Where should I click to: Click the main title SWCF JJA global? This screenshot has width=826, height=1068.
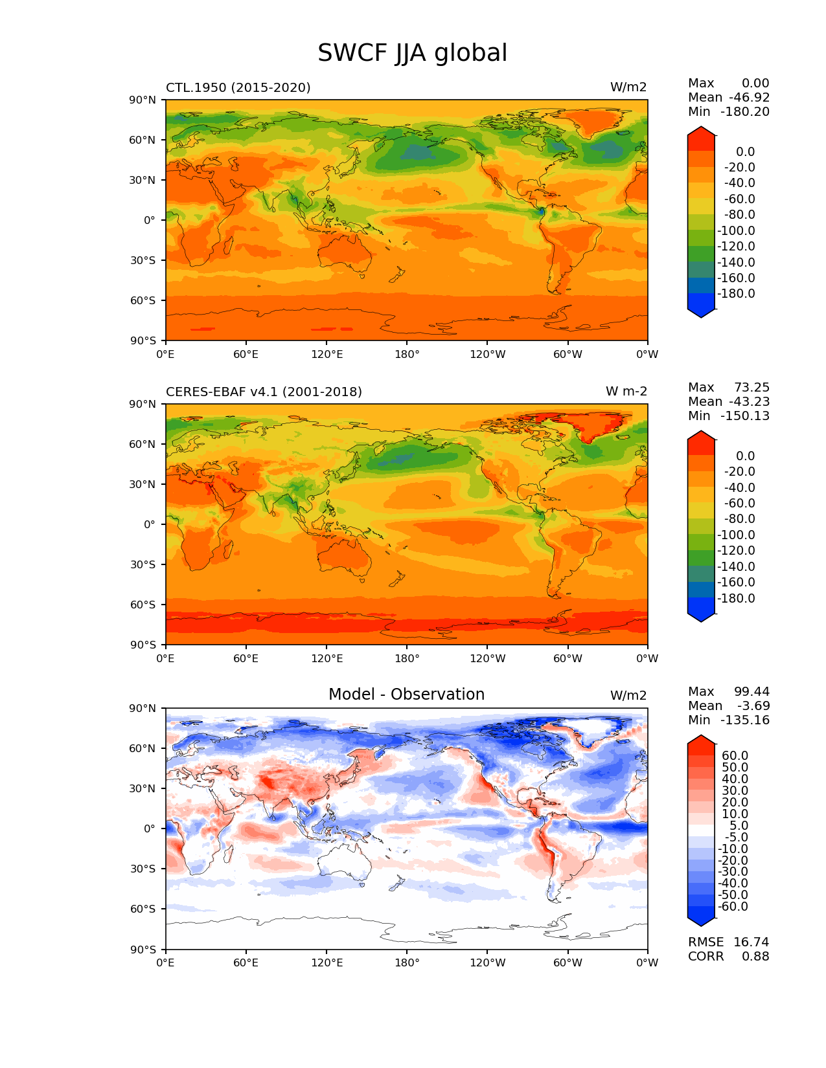tap(412, 53)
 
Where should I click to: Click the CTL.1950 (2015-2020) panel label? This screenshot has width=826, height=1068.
tap(238, 87)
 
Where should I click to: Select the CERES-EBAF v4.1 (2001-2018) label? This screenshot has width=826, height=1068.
tap(264, 392)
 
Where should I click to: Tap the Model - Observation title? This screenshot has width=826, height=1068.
tap(406, 695)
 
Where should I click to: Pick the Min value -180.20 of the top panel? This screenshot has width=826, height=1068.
tap(745, 111)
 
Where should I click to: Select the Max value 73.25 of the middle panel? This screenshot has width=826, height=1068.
tap(751, 387)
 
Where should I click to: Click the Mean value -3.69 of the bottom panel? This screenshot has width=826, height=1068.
tap(753, 706)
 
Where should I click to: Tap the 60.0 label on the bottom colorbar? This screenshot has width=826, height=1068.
tap(735, 755)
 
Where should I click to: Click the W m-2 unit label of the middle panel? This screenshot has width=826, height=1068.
tap(626, 392)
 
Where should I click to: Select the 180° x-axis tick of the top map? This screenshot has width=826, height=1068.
tap(407, 354)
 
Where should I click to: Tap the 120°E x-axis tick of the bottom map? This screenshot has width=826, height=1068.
tap(327, 962)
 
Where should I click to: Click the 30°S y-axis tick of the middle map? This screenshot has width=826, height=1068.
tap(143, 564)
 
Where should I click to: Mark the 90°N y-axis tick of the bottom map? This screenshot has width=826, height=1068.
tap(143, 708)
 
